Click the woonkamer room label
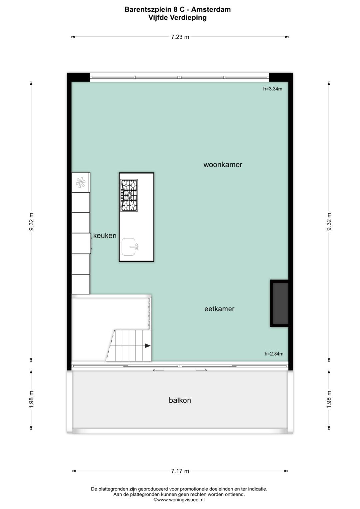point(223,165)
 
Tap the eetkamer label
point(219,309)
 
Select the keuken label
point(105,236)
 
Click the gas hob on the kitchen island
point(129,195)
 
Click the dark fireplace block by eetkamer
point(279,303)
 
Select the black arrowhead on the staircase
point(148,346)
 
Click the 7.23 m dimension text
point(180,37)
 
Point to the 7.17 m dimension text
point(180,471)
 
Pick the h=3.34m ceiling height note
point(273,89)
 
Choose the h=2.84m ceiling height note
point(274,354)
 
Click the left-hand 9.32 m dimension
point(31,222)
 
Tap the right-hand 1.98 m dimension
point(329,399)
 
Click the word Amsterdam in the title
point(211,10)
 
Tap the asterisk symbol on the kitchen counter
point(81,182)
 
